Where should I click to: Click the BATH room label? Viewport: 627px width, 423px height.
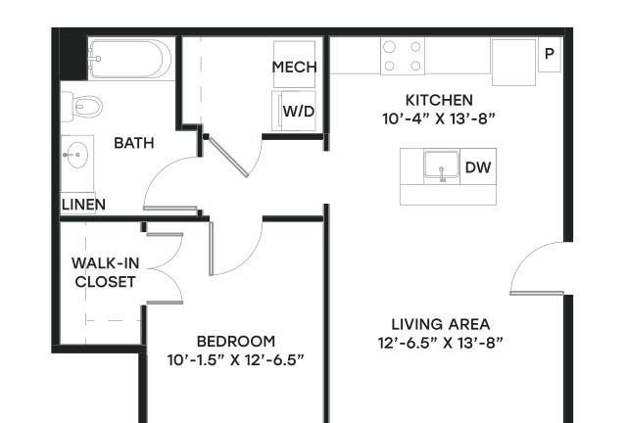click(x=134, y=143)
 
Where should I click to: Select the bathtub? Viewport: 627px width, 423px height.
click(x=130, y=59)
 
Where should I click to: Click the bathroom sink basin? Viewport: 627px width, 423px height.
click(x=77, y=155)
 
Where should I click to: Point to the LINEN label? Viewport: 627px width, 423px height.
click(x=83, y=205)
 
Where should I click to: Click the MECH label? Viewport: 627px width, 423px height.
click(x=294, y=67)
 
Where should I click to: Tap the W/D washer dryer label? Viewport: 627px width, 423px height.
click(x=299, y=112)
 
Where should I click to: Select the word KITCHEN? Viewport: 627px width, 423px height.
click(x=439, y=100)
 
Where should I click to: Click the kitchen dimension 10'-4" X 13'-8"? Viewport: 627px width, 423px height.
click(x=439, y=118)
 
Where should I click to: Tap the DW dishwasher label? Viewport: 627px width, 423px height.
click(x=478, y=167)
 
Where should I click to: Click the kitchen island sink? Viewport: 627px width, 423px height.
click(x=442, y=165)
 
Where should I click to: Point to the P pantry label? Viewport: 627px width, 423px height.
click(x=550, y=53)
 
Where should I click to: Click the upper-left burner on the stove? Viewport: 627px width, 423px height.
click(x=389, y=47)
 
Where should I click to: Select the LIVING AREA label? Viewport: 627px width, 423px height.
click(x=440, y=324)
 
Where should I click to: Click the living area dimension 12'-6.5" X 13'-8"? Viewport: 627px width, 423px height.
click(x=440, y=343)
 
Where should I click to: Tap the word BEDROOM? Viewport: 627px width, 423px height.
click(x=236, y=341)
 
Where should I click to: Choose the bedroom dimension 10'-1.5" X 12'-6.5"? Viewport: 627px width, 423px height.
click(x=235, y=359)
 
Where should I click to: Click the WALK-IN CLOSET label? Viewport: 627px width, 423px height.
click(x=106, y=272)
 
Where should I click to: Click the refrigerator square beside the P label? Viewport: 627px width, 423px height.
click(x=513, y=62)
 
